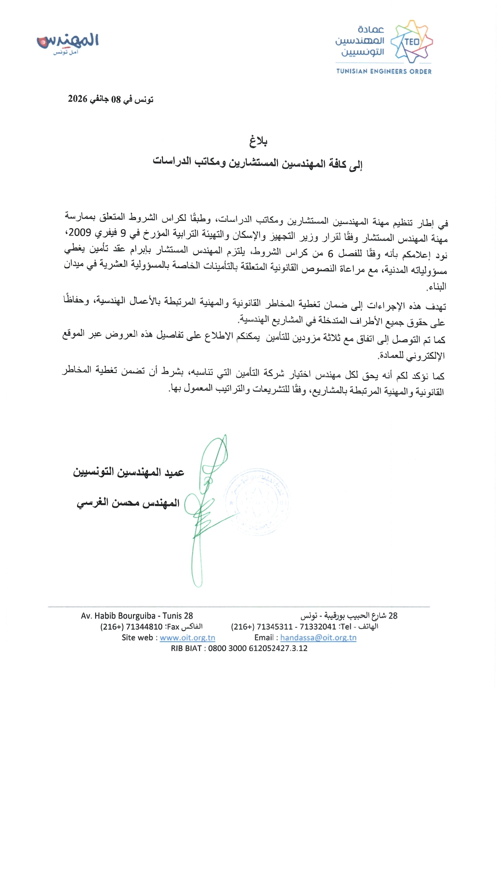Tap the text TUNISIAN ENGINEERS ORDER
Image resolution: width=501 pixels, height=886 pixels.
pos(384,71)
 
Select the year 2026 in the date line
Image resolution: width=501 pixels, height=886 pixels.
pos(78,99)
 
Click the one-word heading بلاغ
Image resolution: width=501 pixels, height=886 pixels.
pos(258,141)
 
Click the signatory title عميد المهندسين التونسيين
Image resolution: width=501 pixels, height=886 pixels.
pos(129,472)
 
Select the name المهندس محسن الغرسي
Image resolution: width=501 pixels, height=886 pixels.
pos(128,503)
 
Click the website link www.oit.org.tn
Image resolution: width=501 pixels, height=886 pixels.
pos(187,638)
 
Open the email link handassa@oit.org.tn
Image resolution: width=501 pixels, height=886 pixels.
pos(318,638)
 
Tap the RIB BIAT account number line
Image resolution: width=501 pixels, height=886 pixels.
pos(239,648)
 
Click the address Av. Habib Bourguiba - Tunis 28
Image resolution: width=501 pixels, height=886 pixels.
pos(137,616)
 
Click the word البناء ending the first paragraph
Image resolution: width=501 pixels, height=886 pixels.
pos(437,287)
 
